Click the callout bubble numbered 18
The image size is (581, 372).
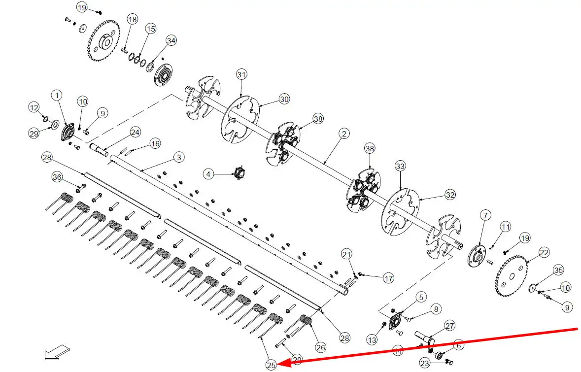tap(132, 19)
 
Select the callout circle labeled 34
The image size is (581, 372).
tap(171, 40)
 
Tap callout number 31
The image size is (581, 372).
tap(241, 75)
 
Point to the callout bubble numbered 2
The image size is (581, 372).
tap(344, 133)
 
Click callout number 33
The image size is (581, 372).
tap(400, 166)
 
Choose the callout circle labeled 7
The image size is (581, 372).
tap(485, 215)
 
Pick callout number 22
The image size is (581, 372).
tap(544, 253)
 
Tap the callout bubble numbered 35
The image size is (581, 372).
tap(558, 270)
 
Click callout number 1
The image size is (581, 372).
tap(57, 94)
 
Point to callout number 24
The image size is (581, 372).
tap(135, 132)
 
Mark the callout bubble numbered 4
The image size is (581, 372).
tap(209, 174)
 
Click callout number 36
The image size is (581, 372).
tap(57, 177)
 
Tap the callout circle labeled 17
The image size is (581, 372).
tap(389, 278)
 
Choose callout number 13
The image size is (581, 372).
tap(372, 339)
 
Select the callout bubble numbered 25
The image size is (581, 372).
tap(271, 365)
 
